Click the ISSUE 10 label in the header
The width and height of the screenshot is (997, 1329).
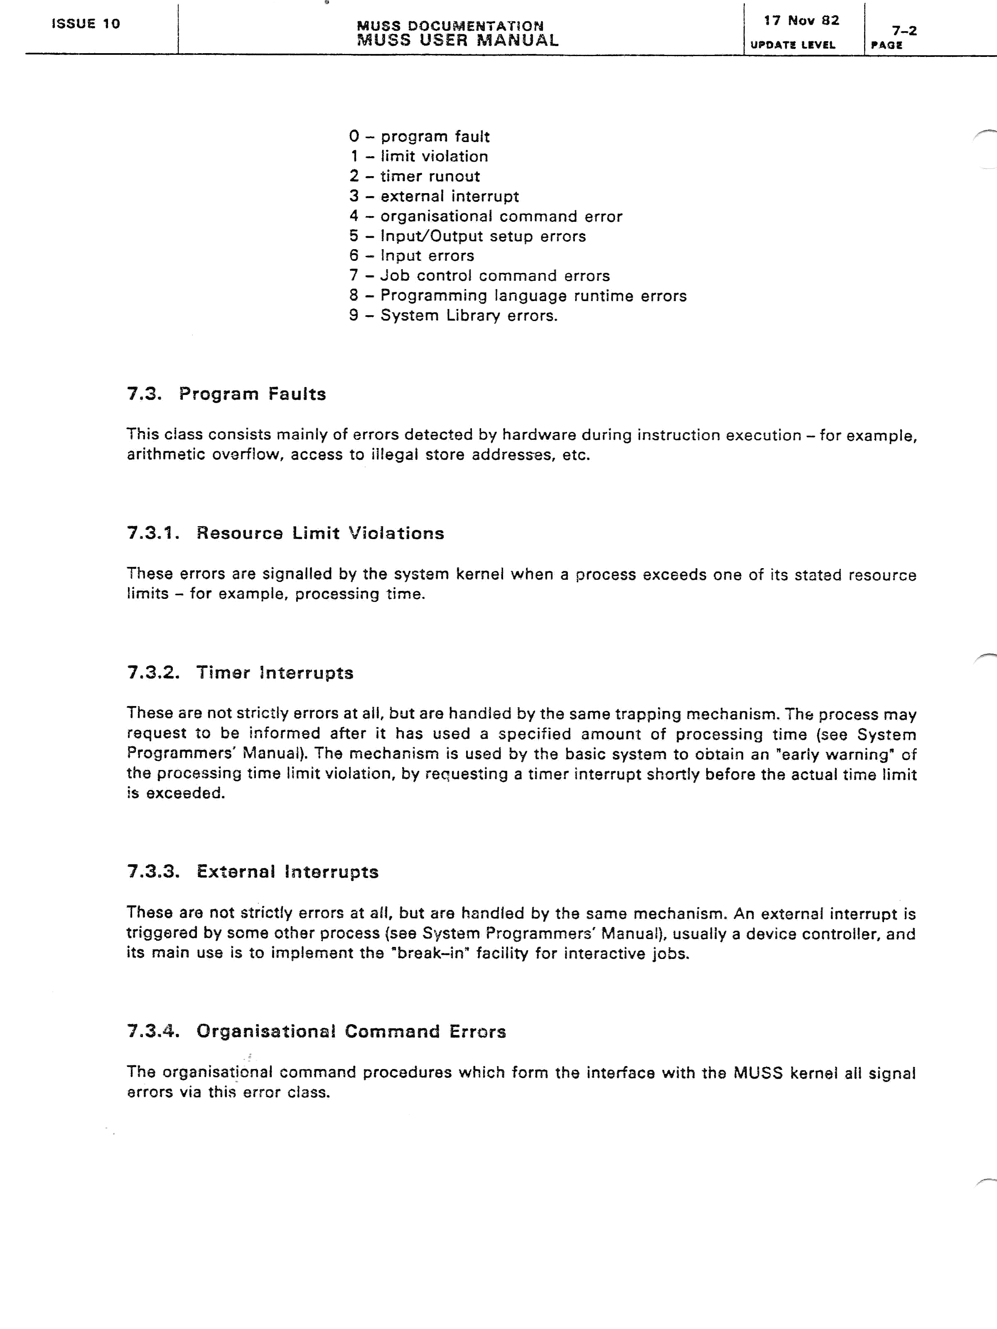coord(86,24)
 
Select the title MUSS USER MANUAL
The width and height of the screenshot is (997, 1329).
coord(457,41)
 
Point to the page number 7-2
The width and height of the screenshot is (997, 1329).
coord(904,31)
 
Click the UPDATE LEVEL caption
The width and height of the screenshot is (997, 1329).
coord(792,45)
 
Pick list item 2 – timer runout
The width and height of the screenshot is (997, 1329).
coord(415,177)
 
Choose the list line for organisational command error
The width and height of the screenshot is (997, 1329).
coord(486,216)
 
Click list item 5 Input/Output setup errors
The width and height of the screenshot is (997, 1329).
coord(467,236)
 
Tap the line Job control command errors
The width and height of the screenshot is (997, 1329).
coord(479,276)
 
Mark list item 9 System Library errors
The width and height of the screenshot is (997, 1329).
coord(454,315)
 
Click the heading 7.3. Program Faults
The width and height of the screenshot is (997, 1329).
coord(226,394)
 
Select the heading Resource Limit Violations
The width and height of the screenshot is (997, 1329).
coord(320,534)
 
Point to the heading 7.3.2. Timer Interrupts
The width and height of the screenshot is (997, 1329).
coord(241,673)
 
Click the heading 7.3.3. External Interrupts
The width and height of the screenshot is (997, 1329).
coord(253,872)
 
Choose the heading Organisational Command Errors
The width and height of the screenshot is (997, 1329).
coord(351,1032)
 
